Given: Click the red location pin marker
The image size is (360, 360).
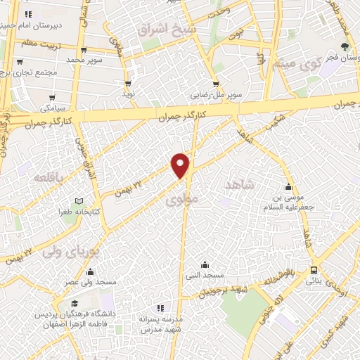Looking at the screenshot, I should [181, 165].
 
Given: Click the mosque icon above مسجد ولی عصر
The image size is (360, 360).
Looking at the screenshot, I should [89, 271].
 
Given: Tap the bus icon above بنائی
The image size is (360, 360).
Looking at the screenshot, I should [314, 270].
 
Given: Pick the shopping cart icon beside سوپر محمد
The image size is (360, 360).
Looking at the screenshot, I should [84, 50].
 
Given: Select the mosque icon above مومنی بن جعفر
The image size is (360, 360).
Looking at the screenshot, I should [288, 187].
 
